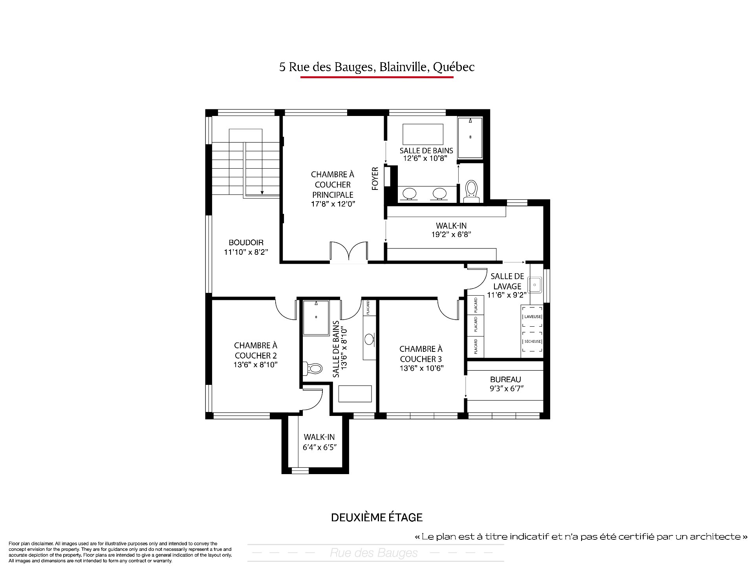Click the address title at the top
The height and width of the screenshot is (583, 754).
(377, 67)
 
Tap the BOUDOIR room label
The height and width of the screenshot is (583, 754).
(246, 243)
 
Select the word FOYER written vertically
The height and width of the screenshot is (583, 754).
(375, 179)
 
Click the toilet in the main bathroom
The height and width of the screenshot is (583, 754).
(471, 191)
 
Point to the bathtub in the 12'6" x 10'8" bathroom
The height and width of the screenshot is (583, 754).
(423, 134)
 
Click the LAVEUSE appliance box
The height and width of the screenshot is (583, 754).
(533, 317)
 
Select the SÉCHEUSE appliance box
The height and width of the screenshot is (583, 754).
(533, 341)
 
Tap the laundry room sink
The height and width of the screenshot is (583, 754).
(535, 284)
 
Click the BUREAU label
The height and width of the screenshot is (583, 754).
(505, 379)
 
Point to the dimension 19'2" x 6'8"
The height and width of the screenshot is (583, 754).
(451, 234)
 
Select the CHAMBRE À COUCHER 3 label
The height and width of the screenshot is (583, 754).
(421, 354)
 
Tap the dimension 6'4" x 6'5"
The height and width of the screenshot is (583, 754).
(319, 447)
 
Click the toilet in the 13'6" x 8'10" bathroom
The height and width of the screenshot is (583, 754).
(313, 368)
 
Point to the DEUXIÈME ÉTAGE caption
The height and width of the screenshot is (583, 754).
(377, 517)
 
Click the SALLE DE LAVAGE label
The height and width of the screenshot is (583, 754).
(507, 281)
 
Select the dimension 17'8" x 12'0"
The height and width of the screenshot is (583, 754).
(333, 204)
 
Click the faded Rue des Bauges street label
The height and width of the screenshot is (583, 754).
(373, 553)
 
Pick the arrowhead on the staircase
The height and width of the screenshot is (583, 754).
(262, 193)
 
